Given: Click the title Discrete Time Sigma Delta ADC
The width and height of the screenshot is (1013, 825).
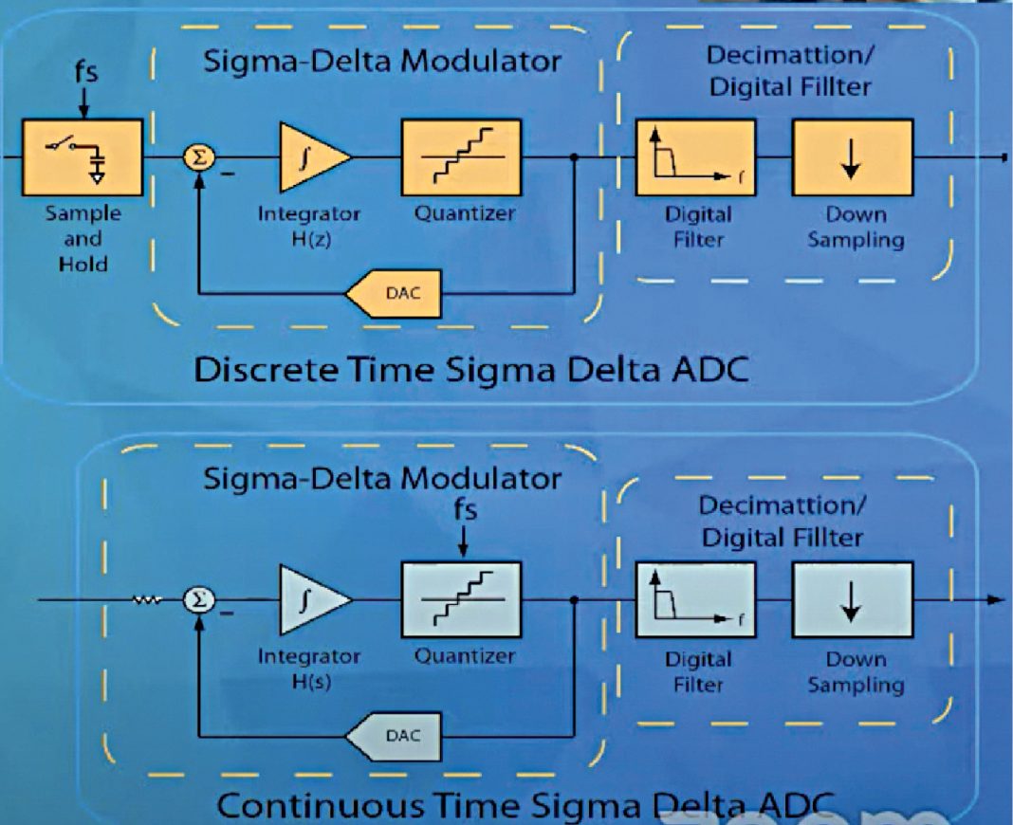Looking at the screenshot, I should click(470, 369).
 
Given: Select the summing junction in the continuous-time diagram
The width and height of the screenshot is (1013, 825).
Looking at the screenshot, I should click(197, 600).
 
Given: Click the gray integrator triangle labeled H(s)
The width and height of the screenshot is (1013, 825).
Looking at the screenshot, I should click(311, 600).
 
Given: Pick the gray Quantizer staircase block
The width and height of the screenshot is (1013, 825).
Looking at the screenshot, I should click(462, 600).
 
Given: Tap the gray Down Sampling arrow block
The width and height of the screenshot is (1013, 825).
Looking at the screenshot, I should click(851, 600).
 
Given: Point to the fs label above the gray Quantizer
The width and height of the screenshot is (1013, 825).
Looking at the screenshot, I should click(463, 509).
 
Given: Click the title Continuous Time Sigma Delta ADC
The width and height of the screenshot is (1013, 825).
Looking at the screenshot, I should click(526, 805).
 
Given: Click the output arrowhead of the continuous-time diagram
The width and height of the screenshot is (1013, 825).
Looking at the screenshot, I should click(995, 599).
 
